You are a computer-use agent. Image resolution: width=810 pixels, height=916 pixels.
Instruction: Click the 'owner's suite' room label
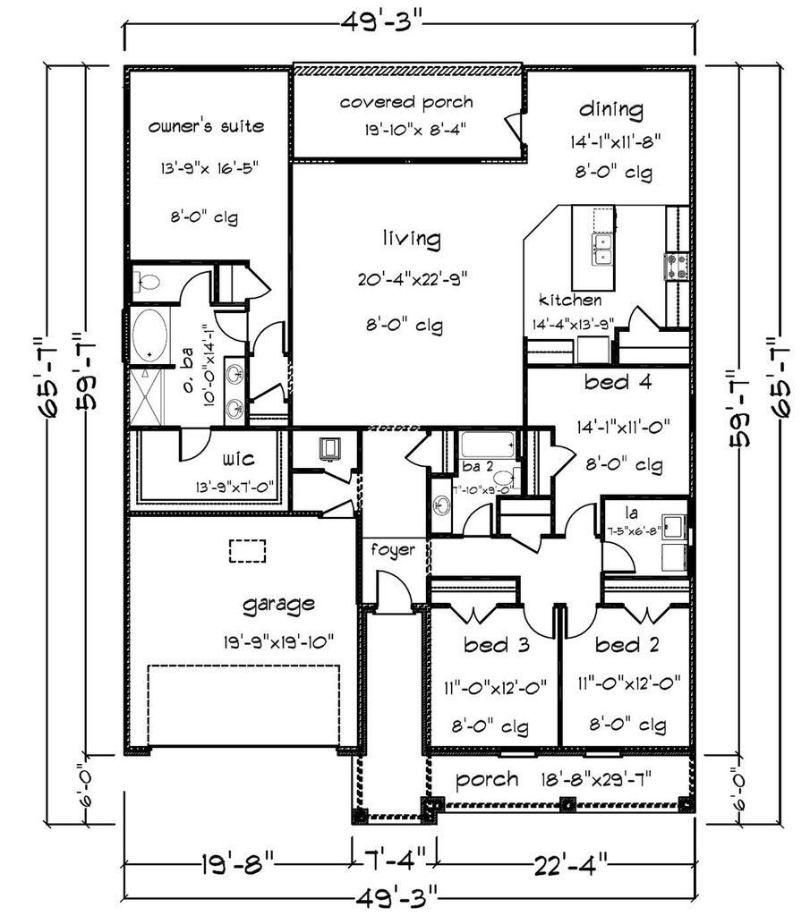point(206,126)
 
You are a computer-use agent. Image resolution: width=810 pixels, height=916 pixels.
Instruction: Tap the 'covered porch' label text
point(405,102)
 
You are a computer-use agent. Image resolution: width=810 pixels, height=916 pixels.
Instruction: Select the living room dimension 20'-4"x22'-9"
point(412,279)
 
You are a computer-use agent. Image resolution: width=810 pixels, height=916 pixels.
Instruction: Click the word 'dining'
point(610,110)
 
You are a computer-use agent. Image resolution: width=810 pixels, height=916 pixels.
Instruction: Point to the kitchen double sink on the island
point(602,250)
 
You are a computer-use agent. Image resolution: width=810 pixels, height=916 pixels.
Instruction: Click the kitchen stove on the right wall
point(676,266)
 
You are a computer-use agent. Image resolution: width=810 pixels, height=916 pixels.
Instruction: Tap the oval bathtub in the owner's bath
point(149,335)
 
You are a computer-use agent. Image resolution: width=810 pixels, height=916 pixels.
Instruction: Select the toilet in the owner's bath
point(146,284)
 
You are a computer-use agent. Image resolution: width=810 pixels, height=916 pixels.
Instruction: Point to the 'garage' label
point(278,604)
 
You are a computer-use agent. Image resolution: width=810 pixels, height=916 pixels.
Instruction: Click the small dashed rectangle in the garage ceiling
point(248,549)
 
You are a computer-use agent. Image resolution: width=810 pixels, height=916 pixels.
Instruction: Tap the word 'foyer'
point(393,549)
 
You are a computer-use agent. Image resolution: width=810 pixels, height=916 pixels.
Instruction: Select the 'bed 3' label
point(496,644)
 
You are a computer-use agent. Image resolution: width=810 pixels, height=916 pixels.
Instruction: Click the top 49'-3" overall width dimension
point(408,21)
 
